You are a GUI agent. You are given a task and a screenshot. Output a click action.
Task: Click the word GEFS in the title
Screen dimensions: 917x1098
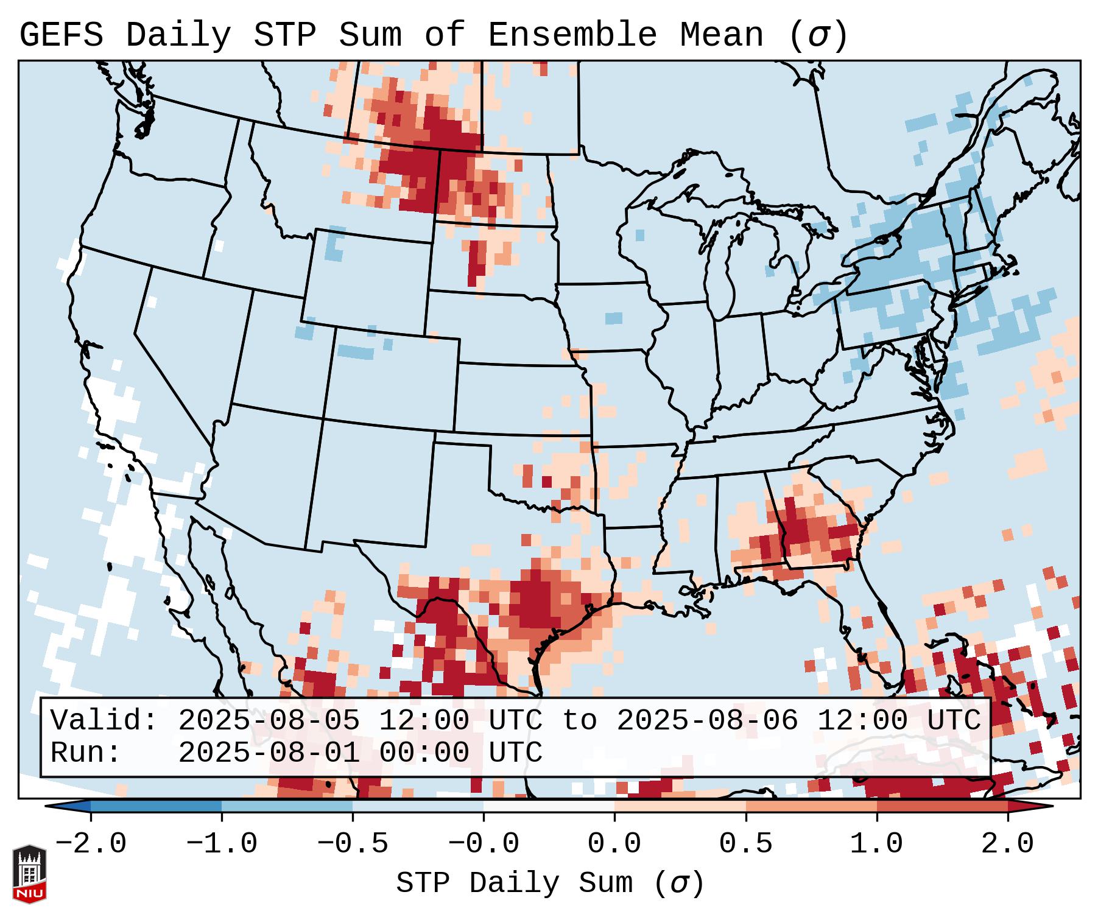pyautogui.click(x=61, y=35)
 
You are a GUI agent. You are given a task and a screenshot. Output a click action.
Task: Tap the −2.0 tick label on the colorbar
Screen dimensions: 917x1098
pyautogui.click(x=91, y=844)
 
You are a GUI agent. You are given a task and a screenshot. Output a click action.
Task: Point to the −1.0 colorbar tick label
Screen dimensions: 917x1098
pyautogui.click(x=222, y=844)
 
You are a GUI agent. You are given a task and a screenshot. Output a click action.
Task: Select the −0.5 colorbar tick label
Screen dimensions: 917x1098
pyautogui.click(x=353, y=844)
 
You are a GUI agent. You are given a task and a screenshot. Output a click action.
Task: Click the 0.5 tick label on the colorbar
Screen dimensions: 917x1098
pyautogui.click(x=746, y=844)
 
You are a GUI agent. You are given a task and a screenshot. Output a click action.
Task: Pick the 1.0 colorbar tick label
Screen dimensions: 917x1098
pyautogui.click(x=877, y=844)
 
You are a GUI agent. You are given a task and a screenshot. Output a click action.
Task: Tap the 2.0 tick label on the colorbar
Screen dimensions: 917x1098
pyautogui.click(x=1008, y=844)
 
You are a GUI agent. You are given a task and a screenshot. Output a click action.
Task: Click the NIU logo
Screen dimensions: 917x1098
pyautogui.click(x=29, y=874)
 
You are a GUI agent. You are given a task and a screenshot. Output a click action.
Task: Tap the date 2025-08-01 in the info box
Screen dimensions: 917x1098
pyautogui.click(x=269, y=753)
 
